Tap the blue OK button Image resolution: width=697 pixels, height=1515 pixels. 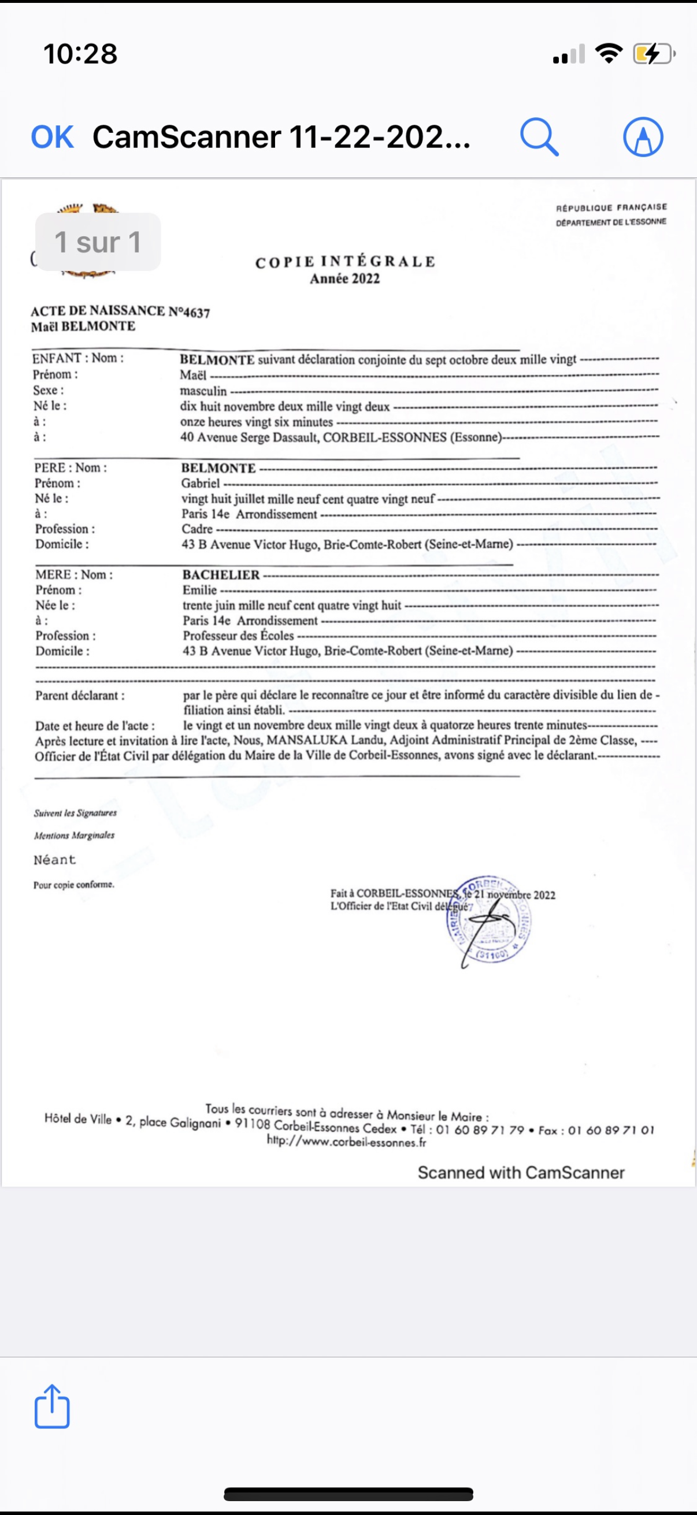53,137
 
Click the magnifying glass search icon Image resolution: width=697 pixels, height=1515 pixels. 539,137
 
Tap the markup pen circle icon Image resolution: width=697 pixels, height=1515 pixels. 643,137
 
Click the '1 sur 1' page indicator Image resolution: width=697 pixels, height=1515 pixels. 98,242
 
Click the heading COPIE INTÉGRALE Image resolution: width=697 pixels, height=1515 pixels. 345,262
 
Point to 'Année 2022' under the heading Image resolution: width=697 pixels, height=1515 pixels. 344,279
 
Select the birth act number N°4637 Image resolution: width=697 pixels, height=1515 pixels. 189,312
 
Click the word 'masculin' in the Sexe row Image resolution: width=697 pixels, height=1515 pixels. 203,391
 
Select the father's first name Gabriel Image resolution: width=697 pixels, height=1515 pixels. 200,484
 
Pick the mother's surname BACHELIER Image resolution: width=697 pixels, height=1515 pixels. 221,574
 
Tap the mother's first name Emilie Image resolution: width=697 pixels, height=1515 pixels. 199,590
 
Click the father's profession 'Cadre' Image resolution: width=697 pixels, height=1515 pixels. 197,529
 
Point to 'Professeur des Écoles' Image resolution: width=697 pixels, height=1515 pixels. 238,636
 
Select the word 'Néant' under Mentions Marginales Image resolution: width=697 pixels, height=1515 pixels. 55,860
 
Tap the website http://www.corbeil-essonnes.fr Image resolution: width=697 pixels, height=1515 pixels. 346,1142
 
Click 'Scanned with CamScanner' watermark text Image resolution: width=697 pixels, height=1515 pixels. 521,1173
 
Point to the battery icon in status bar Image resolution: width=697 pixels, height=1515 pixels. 653,54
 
